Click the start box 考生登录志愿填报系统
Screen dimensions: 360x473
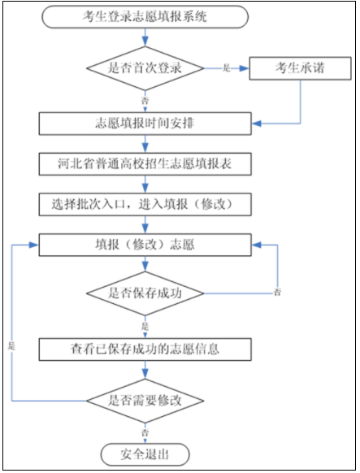tap(145, 16)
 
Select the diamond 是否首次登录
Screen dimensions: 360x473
tap(145, 68)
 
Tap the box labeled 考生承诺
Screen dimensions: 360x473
tap(301, 68)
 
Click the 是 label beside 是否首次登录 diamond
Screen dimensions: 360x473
tap(227, 68)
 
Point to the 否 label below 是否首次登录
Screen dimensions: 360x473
tap(145, 100)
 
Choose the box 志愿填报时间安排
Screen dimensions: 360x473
tap(145, 124)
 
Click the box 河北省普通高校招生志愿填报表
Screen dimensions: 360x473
tap(145, 164)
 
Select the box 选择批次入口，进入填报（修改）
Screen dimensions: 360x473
tap(145, 204)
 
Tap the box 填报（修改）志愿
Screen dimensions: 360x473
tap(145, 245)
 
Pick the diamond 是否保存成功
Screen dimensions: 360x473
tap(145, 293)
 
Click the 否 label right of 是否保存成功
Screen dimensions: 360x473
tap(277, 292)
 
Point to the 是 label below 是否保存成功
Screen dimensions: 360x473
tap(145, 326)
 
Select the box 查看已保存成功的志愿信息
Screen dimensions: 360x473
tap(145, 349)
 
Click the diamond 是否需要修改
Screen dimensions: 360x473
tap(145, 401)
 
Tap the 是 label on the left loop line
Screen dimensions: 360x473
tap(11, 345)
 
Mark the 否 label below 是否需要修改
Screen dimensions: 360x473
tap(145, 432)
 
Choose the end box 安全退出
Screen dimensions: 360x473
tap(145, 454)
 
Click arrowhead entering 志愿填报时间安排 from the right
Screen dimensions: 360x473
tap(256, 124)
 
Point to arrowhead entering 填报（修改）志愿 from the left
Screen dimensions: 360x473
tap(34, 245)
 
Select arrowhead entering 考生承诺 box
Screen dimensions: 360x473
tap(245, 68)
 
